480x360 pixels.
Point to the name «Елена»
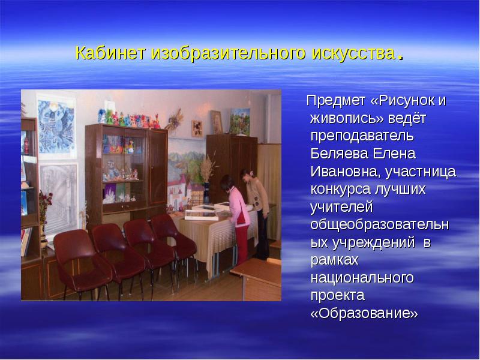(x=393, y=154)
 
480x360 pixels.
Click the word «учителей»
(x=341, y=208)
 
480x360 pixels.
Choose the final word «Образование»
(x=364, y=314)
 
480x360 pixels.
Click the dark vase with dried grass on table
(x=206, y=192)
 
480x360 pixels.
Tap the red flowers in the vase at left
(x=45, y=201)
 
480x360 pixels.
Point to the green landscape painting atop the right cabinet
(x=239, y=121)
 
